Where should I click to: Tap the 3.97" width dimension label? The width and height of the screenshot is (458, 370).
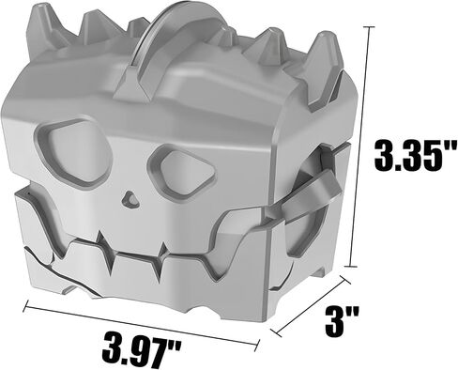coord(142,349)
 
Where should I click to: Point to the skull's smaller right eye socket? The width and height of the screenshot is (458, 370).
coord(182,171)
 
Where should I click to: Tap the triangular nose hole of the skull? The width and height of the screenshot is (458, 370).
coord(130,199)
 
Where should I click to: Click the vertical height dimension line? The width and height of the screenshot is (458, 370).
coord(360,146)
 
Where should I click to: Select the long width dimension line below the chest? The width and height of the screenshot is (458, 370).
coord(142,325)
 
